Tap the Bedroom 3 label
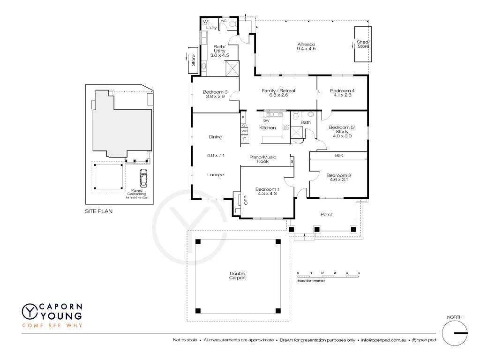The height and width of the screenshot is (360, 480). point(215,92)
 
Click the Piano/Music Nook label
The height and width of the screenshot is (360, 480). point(262,159)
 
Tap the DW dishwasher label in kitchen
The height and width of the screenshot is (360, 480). point(266,120)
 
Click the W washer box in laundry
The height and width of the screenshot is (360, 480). point(205,22)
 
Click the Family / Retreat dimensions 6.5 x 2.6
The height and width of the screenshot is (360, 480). point(278,95)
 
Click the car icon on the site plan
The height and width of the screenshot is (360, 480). point(143,178)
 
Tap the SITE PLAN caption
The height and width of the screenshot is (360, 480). point(98,211)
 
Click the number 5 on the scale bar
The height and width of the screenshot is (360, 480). point(359,273)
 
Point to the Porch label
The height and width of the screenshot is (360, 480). point(327,214)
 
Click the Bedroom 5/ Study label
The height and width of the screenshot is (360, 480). point(342,132)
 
